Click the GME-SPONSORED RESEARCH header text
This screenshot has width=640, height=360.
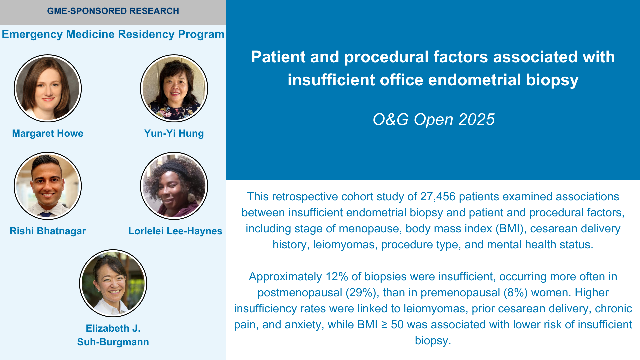113,11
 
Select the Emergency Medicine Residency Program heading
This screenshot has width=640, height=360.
113,34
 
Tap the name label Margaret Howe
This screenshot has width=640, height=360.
48,133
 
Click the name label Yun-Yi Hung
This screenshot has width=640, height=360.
174,133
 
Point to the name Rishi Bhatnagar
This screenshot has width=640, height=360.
48,231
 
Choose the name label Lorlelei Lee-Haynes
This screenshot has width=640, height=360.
175,231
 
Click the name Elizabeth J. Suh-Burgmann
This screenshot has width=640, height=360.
113,335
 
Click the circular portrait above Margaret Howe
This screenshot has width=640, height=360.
48,88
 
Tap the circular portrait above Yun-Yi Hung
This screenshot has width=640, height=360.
174,88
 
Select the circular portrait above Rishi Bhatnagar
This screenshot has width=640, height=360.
48,186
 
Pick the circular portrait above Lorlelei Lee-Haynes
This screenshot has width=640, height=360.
174,186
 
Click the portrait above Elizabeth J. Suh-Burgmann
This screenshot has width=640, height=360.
113,283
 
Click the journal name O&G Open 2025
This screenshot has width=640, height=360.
433,119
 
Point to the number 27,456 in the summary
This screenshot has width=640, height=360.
438,197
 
